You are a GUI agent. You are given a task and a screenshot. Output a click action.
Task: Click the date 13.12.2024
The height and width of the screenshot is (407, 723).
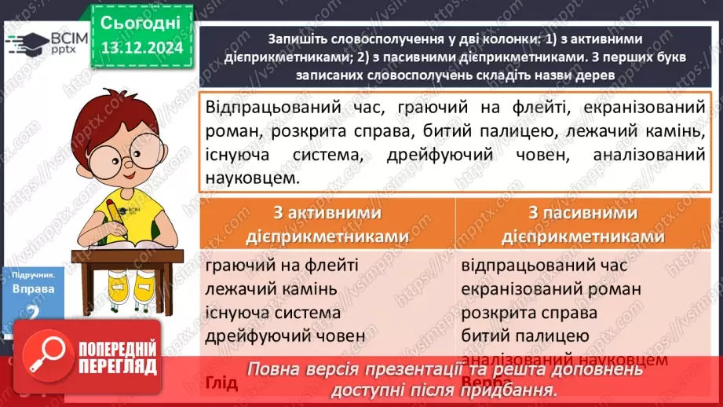click(x=141, y=48)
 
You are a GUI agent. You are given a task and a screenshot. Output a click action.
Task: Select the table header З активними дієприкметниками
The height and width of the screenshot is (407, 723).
click(x=328, y=225)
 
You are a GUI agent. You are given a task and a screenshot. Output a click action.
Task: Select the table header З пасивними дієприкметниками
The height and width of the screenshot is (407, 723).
click(x=581, y=225)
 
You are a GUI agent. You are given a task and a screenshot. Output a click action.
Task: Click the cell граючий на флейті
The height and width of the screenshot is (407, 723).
click(x=282, y=266)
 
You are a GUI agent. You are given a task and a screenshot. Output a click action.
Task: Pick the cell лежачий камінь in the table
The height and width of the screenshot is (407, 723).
click(x=271, y=289)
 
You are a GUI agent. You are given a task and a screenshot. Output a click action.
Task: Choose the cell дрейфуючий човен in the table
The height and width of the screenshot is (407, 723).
click(x=285, y=336)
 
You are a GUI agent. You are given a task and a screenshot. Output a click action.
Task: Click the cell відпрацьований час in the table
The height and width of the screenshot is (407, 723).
click(x=544, y=266)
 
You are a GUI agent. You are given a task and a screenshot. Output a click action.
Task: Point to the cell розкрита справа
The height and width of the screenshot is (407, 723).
click(x=530, y=313)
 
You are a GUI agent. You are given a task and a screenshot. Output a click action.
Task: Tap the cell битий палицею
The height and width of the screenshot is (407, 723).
click(x=525, y=336)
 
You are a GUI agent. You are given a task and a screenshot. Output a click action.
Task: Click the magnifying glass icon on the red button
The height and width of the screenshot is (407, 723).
click(x=46, y=356)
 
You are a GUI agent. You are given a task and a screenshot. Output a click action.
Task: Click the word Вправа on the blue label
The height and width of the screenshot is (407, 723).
click(x=33, y=289)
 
